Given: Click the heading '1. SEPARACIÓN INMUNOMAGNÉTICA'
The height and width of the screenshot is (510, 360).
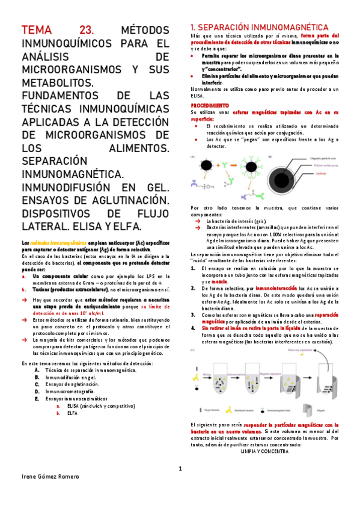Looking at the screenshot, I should [258, 28].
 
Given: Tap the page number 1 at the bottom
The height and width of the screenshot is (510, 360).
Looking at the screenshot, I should [180, 469].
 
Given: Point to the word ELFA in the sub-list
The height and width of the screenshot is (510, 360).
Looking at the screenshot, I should [72, 414].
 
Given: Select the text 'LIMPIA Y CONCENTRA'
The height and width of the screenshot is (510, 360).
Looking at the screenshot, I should [264, 450].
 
